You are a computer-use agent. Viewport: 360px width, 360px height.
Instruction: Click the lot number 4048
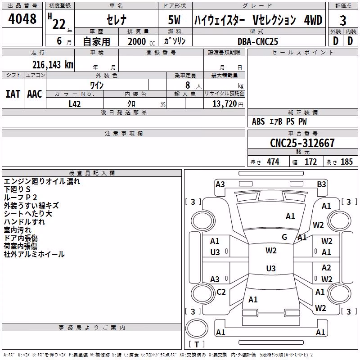pyautogui.click(x=22, y=18)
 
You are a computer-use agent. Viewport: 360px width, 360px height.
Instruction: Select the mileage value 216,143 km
pyautogui.click(x=53, y=65)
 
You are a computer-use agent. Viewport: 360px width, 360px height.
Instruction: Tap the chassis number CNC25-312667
pyautogui.click(x=302, y=143)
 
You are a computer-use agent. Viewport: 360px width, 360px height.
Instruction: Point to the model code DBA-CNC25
pyautogui.click(x=257, y=41)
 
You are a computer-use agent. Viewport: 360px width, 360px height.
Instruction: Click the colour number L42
pyautogui.click(x=75, y=104)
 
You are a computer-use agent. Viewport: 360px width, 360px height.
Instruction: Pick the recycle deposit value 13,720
pyautogui.click(x=224, y=104)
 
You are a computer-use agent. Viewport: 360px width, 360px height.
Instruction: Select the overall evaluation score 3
pyautogui.click(x=343, y=20)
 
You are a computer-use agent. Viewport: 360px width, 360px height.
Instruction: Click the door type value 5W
pyautogui.click(x=174, y=20)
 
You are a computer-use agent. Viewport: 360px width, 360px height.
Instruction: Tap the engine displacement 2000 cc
pyautogui.click(x=141, y=41)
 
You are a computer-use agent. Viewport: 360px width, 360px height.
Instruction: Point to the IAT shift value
pyautogui.click(x=13, y=94)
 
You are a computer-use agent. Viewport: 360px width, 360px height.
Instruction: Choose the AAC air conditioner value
pyautogui.click(x=35, y=94)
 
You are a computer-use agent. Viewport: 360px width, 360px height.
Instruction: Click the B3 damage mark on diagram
pyautogui.click(x=321, y=184)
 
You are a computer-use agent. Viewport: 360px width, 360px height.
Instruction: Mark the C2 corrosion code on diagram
pyautogui.click(x=221, y=292)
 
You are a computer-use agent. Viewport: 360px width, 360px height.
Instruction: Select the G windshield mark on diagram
pyautogui.click(x=284, y=237)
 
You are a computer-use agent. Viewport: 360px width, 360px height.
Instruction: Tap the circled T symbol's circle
pyautogui.click(x=197, y=328)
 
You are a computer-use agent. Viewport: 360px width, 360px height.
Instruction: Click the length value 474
pyautogui.click(x=273, y=162)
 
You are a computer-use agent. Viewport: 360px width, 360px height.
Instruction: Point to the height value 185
pyautogui.click(x=346, y=162)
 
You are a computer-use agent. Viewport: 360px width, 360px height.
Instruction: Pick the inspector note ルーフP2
pyautogui.click(x=20, y=198)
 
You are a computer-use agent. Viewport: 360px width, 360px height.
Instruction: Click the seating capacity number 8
pyautogui.click(x=188, y=85)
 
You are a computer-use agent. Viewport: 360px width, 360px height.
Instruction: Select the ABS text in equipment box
pyautogui.click(x=258, y=121)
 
